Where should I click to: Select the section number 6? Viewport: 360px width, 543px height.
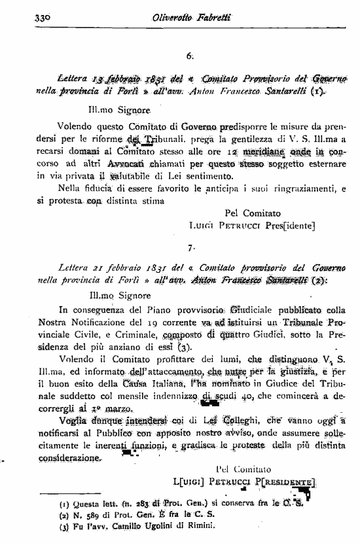[190, 56]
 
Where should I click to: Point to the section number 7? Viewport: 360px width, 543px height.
[190, 248]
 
